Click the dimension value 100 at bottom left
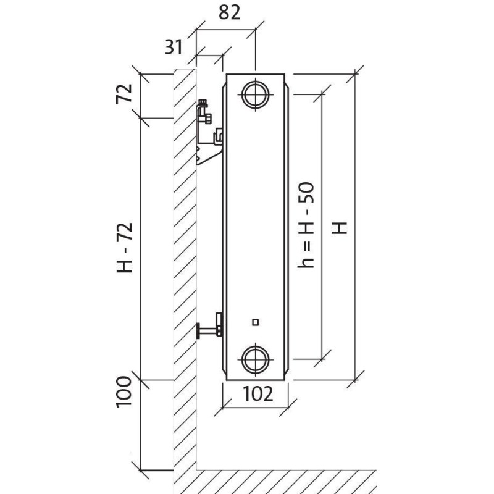tap(125, 390)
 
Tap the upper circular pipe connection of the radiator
tap(255, 94)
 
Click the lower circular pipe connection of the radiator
tap(255, 358)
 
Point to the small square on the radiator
tap(256, 322)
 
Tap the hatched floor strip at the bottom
tap(284, 478)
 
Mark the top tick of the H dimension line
tap(354, 74)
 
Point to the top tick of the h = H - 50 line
tap(320, 94)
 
